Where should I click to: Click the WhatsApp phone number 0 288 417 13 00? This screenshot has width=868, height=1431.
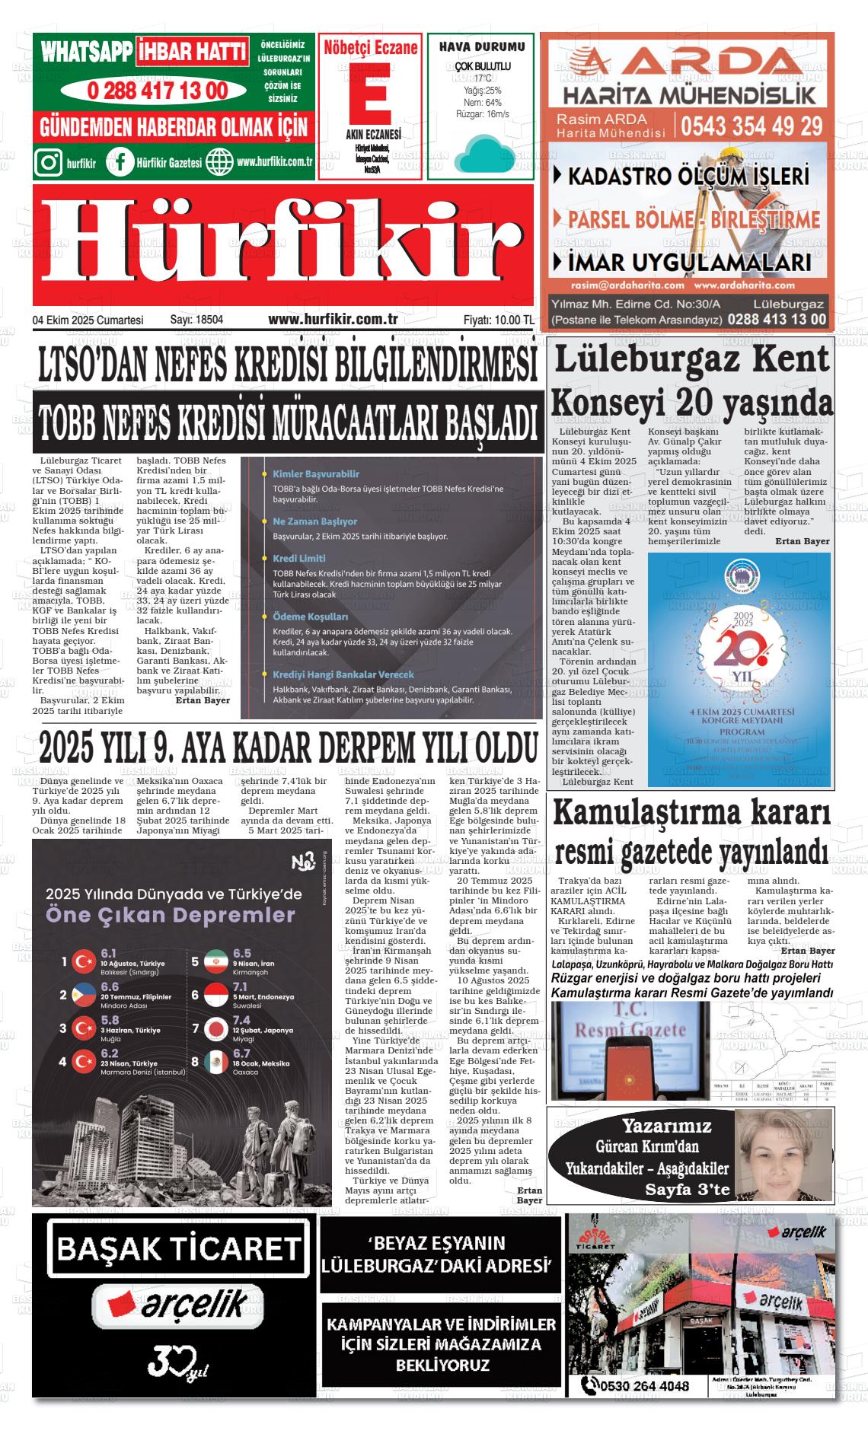157,91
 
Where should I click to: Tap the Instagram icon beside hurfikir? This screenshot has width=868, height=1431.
49,162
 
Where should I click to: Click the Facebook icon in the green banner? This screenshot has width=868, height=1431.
120,162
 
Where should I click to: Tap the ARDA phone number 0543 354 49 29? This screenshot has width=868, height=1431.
751,126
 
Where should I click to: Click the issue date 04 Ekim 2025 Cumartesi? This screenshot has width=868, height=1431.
88,320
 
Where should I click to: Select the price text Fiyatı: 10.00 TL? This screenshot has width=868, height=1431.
498,320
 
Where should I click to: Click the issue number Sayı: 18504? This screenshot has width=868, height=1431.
196,320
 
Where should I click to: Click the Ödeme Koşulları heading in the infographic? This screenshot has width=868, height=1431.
310,617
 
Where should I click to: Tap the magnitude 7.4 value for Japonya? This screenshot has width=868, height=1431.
241,1020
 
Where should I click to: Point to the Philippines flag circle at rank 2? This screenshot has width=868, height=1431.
82,995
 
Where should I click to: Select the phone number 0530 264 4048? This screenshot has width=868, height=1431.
644,1386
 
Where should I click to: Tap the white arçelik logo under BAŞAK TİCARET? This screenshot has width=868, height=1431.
177,1307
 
